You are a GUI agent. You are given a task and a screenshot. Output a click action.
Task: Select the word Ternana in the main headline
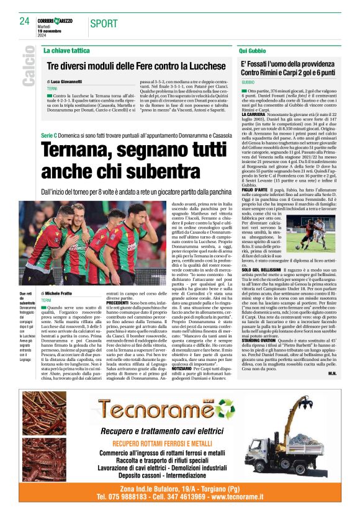point(78,150)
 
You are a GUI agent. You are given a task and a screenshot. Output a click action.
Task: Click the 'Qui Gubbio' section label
point(253,49)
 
